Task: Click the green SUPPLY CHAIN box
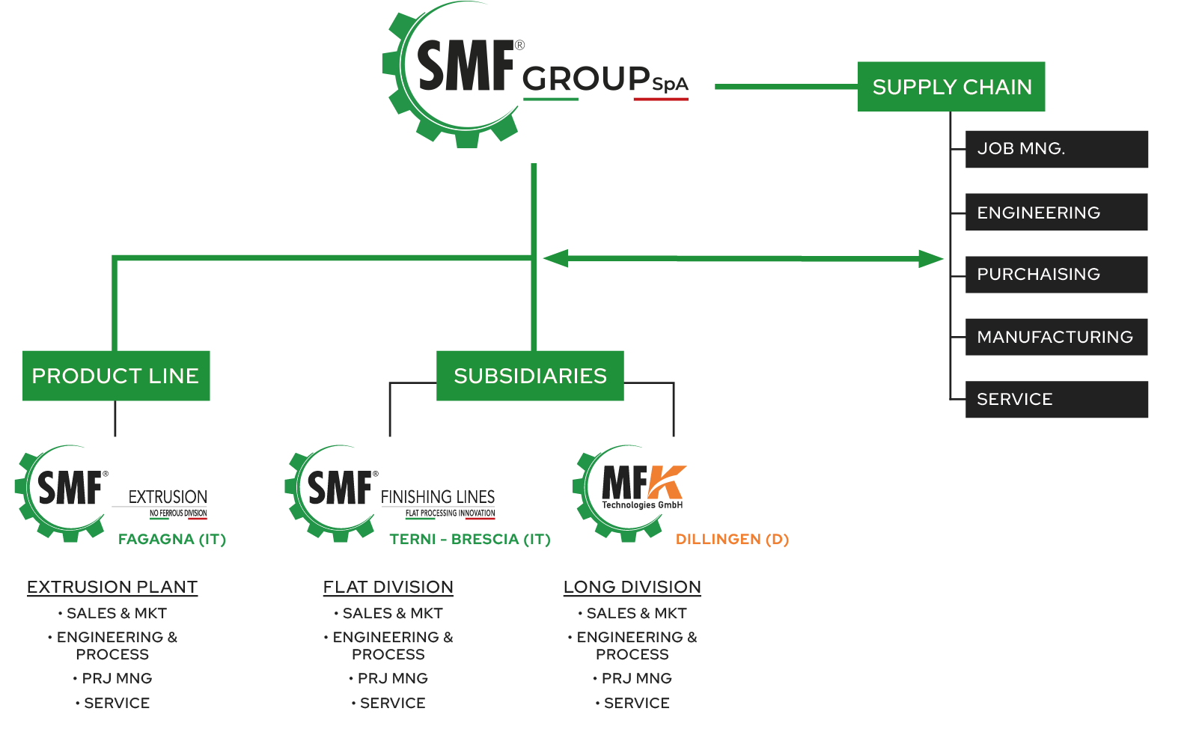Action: [951, 87]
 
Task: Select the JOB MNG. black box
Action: [1056, 149]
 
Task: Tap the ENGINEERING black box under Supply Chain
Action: [1056, 212]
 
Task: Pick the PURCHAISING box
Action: [1056, 275]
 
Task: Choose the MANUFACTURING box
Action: [1056, 337]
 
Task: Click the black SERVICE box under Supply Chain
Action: [1056, 400]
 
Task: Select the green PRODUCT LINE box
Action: [116, 376]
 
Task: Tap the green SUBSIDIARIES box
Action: [530, 376]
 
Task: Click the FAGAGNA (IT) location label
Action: [172, 539]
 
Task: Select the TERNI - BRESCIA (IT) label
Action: [469, 539]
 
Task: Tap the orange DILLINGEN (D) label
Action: [732, 539]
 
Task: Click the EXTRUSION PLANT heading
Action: [112, 587]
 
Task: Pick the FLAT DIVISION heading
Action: [388, 587]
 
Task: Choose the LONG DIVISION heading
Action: [632, 587]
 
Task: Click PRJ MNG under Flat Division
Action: [392, 678]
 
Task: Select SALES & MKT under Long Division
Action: [636, 613]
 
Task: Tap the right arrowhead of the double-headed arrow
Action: [932, 259]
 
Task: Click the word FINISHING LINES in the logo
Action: [438, 496]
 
